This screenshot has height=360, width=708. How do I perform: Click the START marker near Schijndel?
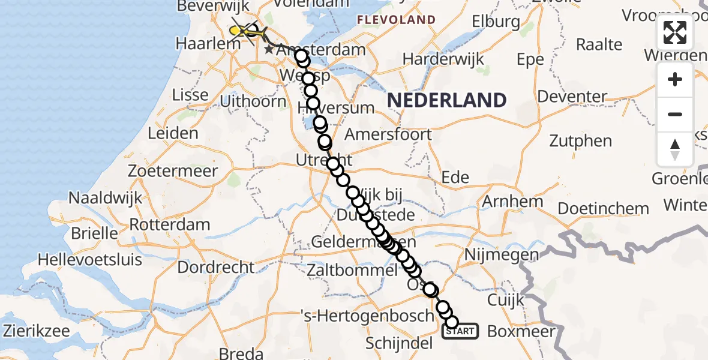coord(460,331)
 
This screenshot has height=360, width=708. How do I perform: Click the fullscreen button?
coord(675,32)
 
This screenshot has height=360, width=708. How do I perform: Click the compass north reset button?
coord(675,149)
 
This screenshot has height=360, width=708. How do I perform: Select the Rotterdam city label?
coord(172,226)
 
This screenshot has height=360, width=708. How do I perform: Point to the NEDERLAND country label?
coord(447,100)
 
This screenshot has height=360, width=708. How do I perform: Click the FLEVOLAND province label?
coord(396,20)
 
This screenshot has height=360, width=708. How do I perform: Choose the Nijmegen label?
coord(501,255)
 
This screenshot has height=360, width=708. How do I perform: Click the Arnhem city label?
coord(512,202)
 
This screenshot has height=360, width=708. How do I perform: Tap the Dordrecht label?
coord(217,266)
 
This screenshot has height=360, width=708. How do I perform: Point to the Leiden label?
coord(173,133)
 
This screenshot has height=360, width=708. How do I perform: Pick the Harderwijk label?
coord(443,59)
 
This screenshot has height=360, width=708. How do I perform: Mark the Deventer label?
coord(573,97)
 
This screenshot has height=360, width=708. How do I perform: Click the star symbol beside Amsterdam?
coord(269,50)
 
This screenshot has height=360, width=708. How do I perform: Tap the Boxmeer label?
coord(521,331)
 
